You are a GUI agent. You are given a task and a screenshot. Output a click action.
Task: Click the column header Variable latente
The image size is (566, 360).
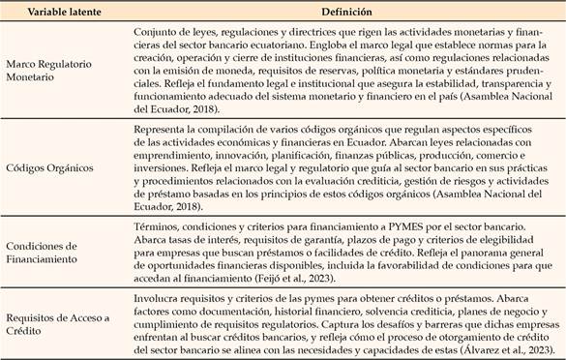click(59, 14)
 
